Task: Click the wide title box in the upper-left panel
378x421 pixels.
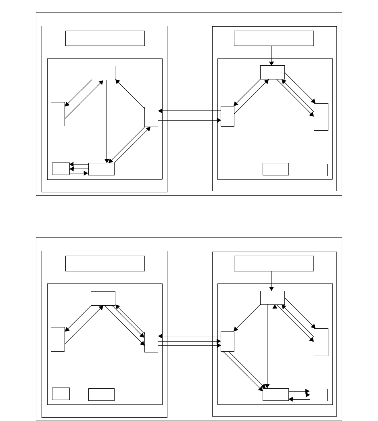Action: click(105, 38)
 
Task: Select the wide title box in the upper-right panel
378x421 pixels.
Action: click(274, 38)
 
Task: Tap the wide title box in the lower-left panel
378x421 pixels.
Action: click(105, 263)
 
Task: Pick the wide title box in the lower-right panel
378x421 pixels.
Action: click(274, 263)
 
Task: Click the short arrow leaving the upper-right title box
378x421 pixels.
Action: click(271, 56)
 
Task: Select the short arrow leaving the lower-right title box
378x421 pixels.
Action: click(271, 281)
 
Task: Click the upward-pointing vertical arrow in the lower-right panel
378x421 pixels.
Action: click(275, 347)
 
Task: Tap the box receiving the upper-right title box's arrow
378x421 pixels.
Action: click(272, 72)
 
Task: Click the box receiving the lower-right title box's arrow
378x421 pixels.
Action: click(272, 298)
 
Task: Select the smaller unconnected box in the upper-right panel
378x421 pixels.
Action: click(318, 170)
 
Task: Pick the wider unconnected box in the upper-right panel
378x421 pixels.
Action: click(276, 169)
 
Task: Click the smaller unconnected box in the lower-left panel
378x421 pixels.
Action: click(61, 394)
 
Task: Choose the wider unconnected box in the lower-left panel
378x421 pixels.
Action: click(101, 394)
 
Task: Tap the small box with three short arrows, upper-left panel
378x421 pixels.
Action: click(61, 169)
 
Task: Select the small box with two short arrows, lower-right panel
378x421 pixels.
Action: click(318, 395)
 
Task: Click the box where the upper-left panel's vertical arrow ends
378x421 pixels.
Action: click(101, 169)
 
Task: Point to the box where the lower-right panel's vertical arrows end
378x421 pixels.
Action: click(276, 395)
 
